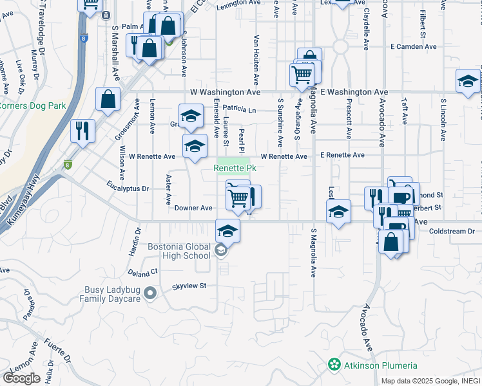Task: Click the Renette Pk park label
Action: [235, 169]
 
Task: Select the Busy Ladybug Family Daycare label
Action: [112, 294]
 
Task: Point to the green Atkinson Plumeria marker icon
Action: [334, 365]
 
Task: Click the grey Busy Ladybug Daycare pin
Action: [150, 294]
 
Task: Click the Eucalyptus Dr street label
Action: [128, 189]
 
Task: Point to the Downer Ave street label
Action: [193, 208]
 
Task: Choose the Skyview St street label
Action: [188, 286]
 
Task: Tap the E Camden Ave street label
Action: [414, 47]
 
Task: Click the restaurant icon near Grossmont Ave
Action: [82, 131]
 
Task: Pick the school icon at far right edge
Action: [468, 80]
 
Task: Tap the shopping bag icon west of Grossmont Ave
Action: [108, 99]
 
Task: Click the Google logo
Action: [21, 378]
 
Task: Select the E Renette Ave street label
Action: [342, 156]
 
